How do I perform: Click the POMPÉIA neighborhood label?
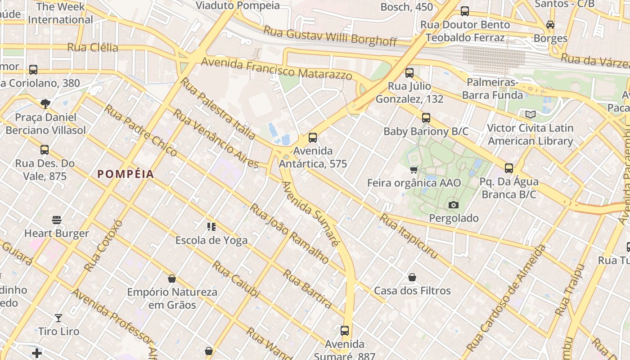[126, 174]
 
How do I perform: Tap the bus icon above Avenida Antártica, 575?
[313, 138]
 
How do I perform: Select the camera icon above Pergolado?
[454, 205]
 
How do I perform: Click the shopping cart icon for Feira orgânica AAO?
[414, 170]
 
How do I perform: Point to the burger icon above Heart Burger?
[57, 220]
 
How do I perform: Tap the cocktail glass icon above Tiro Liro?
[58, 318]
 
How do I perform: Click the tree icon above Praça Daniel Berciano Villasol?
[45, 104]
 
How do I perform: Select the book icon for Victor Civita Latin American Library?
[531, 114]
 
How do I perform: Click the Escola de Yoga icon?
[211, 227]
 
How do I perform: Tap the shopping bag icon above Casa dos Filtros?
[412, 277]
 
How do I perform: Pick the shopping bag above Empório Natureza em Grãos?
[171, 279]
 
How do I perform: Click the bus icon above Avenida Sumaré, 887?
[345, 331]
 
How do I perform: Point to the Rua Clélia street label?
[93, 47]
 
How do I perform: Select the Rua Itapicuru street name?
[409, 236]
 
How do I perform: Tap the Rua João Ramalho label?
[289, 233]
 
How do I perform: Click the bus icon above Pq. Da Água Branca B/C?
[509, 168]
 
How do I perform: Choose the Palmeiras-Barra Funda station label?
[492, 89]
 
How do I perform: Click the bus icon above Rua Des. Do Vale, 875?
[44, 150]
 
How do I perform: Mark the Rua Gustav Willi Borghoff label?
[330, 36]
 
